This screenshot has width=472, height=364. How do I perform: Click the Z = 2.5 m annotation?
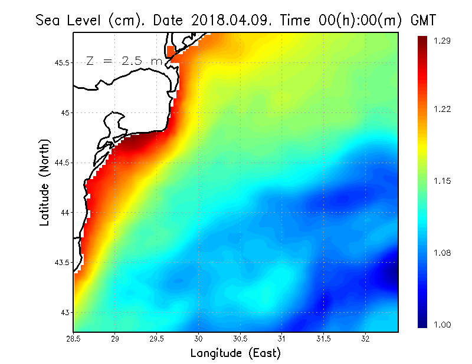pos(124,61)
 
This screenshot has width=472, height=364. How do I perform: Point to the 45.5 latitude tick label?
pos(61,62)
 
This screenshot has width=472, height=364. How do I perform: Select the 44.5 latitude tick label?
pos(61,163)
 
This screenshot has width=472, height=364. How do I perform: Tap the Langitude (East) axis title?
pos(235,353)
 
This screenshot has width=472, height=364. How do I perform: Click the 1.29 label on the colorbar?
pos(442,41)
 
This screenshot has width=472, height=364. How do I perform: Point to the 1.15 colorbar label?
pos(442,181)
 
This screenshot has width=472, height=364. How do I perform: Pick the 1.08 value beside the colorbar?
pos(442,253)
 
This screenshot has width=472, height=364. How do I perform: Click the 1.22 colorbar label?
pos(442,109)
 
